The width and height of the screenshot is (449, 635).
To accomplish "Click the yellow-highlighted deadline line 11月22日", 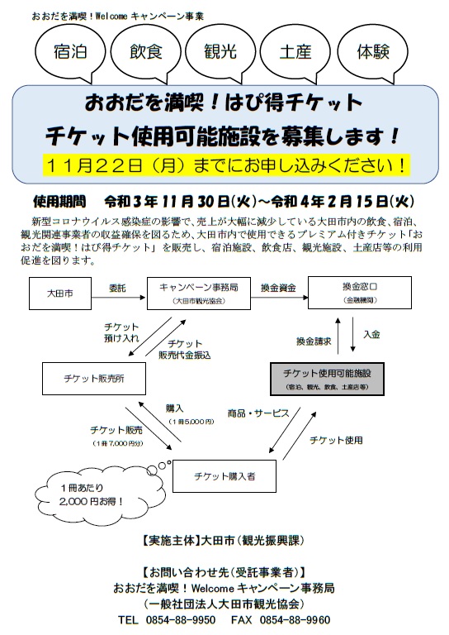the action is (226, 165).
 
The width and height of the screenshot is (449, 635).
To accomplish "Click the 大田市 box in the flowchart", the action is (60, 294).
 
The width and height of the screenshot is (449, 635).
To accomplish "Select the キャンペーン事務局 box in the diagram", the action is (199, 294).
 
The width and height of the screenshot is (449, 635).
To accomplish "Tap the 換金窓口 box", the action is (360, 293).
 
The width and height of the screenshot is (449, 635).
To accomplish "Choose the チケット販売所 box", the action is (94, 379).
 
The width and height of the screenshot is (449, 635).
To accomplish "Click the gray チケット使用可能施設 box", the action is (327, 379).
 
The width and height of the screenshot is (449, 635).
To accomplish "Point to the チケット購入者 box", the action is (224, 476).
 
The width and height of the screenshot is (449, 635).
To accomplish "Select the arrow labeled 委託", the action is (118, 298).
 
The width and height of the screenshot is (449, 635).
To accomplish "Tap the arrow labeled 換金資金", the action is (280, 298).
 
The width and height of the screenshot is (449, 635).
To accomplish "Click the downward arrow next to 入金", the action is (352, 334).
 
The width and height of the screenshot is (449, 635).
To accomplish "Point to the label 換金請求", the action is (314, 341).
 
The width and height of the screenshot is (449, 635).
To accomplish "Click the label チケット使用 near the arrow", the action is (336, 440).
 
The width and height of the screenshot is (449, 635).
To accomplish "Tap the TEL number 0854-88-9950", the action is (181, 620).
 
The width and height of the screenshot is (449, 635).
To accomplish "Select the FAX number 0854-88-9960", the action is (295, 620).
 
